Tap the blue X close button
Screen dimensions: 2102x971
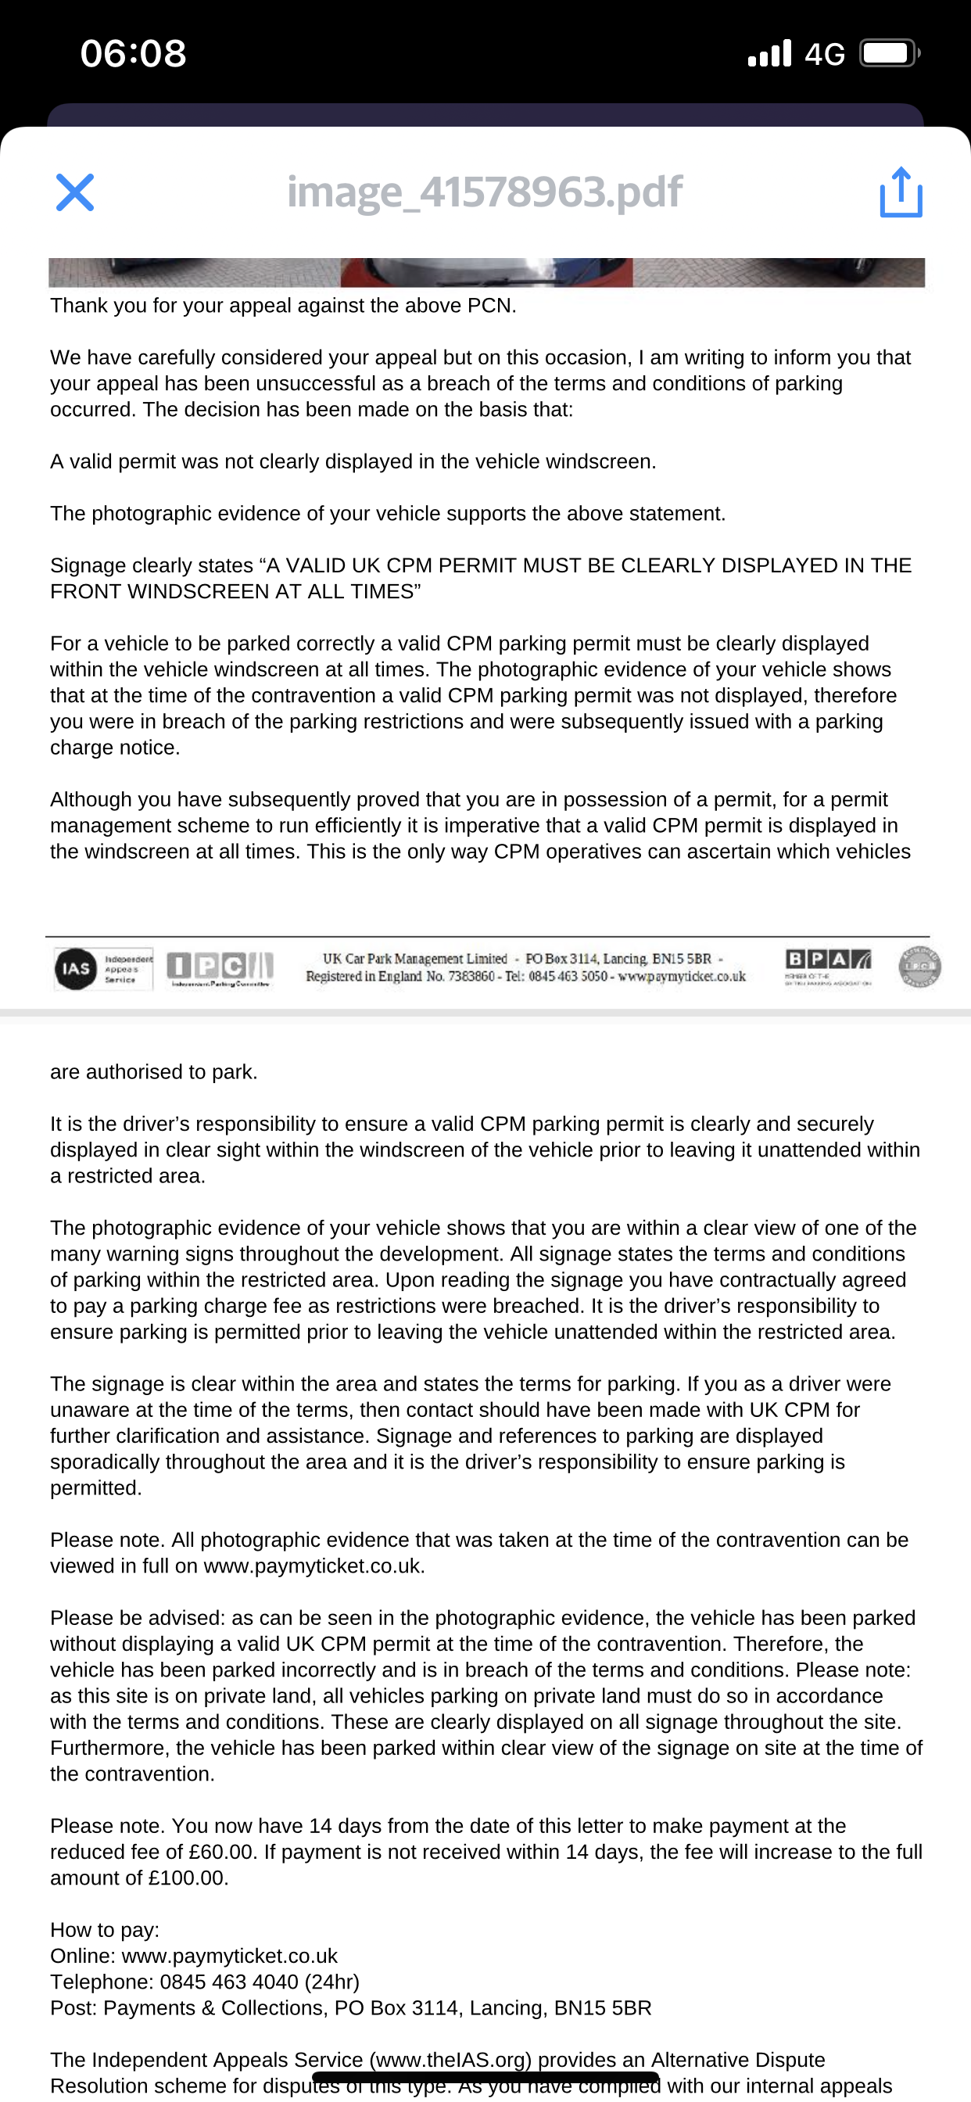74,192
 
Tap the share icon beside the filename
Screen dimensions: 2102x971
901,192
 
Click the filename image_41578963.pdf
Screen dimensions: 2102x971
485,192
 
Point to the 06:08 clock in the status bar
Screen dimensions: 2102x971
133,54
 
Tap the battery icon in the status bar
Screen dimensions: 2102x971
889,54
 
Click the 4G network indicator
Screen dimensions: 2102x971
824,55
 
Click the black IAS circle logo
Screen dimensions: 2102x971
76,969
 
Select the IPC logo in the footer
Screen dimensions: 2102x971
220,968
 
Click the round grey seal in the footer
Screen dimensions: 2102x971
919,967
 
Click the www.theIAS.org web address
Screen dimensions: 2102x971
450,2061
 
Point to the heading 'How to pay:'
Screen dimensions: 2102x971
105,1930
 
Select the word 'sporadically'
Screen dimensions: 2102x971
106,1462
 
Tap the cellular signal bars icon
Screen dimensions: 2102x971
769,54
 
